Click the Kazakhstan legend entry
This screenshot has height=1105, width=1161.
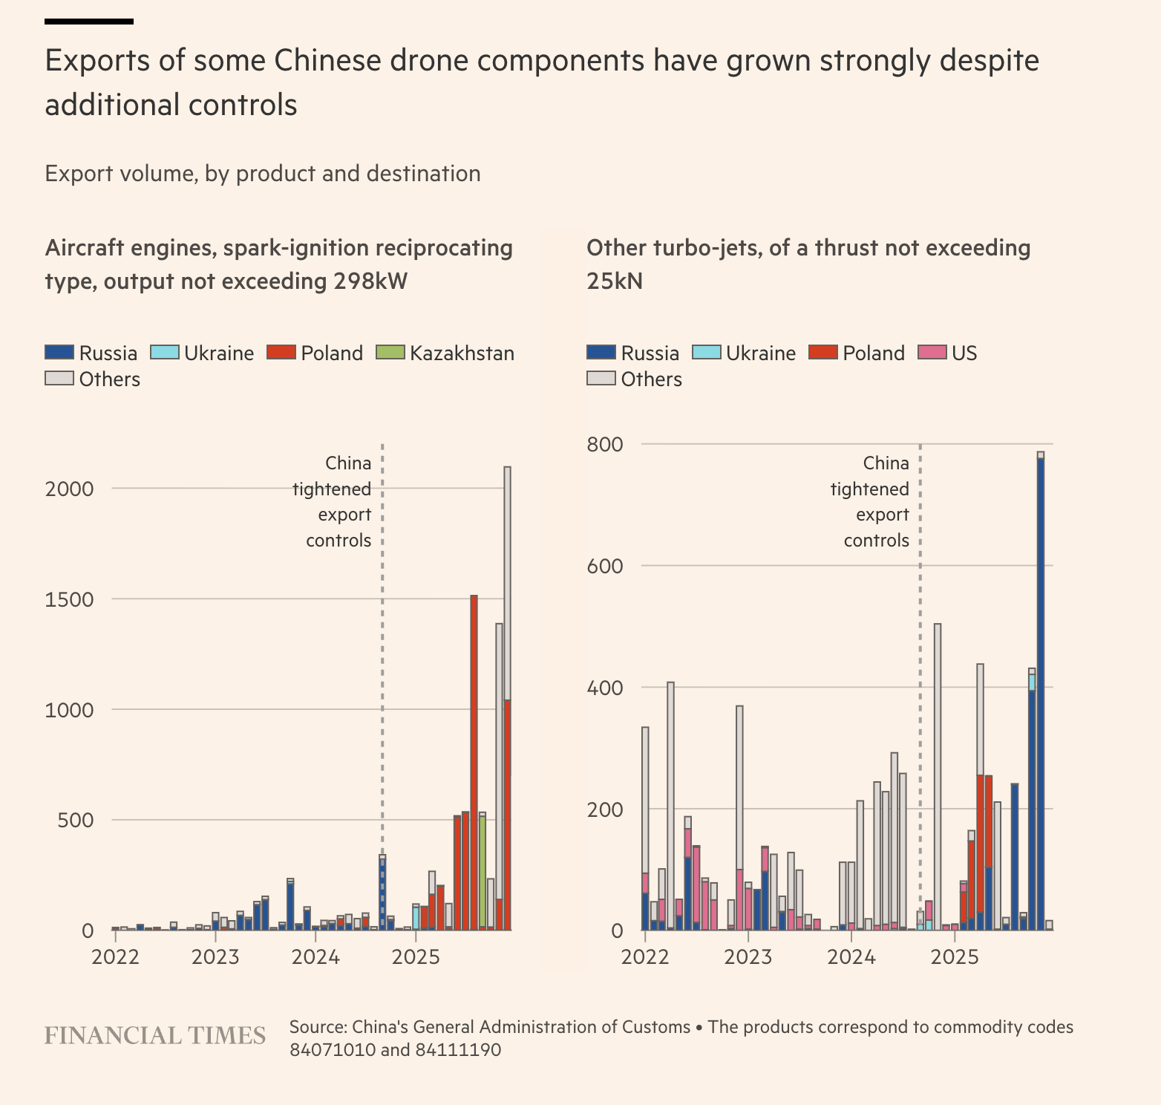(x=446, y=353)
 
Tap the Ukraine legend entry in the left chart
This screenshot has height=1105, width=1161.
(x=203, y=353)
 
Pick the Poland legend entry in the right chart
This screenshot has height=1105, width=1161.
(x=857, y=353)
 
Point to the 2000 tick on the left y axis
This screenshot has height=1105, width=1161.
(x=69, y=489)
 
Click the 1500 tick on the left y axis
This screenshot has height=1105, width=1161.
(x=69, y=599)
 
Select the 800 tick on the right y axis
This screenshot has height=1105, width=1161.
(x=605, y=445)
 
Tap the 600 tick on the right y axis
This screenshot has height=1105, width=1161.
(x=605, y=566)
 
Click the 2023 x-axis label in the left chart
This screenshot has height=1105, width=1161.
(x=215, y=956)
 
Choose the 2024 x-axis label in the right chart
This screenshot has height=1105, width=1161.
(x=851, y=956)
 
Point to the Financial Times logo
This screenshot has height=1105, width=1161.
(x=155, y=1036)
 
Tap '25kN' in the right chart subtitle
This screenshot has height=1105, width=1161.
(x=615, y=281)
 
